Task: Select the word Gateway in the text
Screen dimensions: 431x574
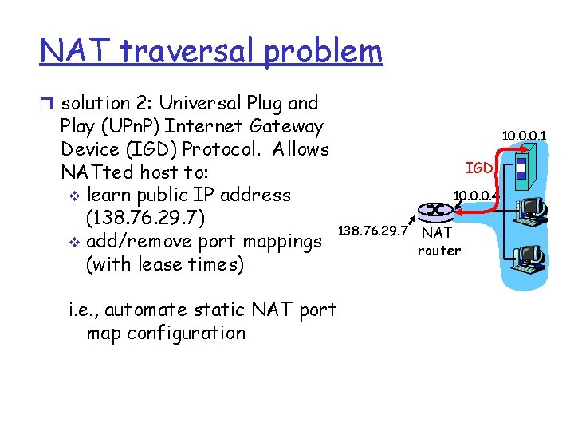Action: [287, 126]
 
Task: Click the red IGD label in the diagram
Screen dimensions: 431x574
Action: [478, 168]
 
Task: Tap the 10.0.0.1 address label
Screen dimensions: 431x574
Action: [524, 136]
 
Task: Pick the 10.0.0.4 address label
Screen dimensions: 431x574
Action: [475, 194]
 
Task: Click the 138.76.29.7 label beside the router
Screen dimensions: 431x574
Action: [373, 231]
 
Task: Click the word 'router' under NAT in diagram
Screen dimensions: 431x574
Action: [439, 251]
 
